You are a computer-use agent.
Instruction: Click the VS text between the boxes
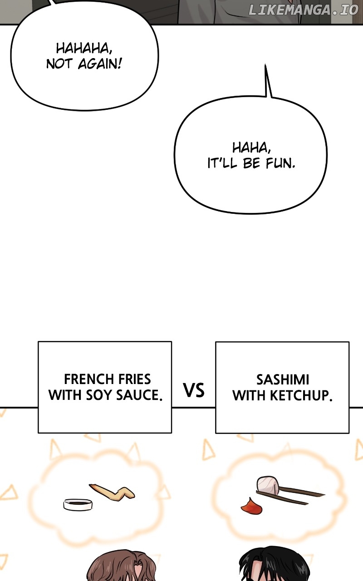[194, 390]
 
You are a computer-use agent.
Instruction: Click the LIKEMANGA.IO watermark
[303, 10]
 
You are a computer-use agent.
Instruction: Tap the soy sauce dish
[78, 504]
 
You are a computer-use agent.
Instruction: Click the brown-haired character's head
[121, 567]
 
